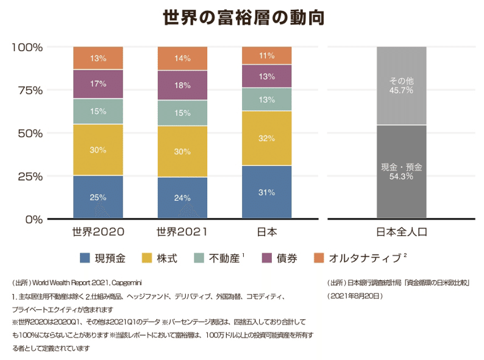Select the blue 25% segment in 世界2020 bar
pyautogui.click(x=98, y=196)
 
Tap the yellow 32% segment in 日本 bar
pyautogui.click(x=266, y=138)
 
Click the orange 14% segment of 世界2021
pyautogui.click(x=182, y=59)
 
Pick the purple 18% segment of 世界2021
pyautogui.click(x=182, y=85)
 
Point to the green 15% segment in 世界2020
pyautogui.click(x=98, y=111)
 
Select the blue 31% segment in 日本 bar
pyautogui.click(x=266, y=192)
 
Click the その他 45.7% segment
pyautogui.click(x=401, y=85)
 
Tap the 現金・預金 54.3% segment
pyautogui.click(x=401, y=171)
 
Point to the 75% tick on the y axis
pyautogui.click(x=27, y=90)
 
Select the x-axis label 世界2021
pyautogui.click(x=182, y=232)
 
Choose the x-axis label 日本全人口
pyautogui.click(x=401, y=232)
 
